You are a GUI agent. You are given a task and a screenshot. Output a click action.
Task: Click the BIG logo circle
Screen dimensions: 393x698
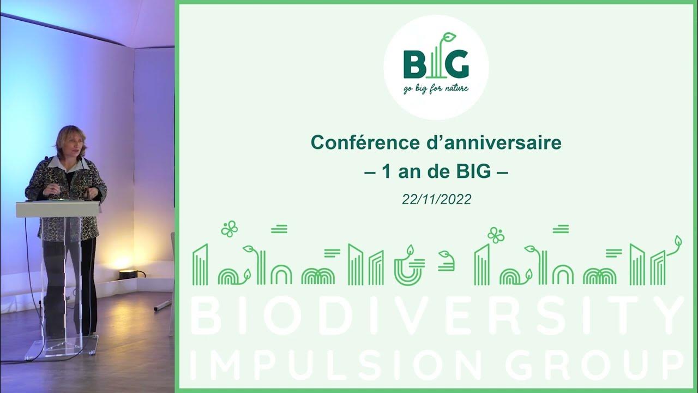click(x=436, y=67)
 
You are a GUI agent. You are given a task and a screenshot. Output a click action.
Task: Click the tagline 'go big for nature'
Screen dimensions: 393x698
click(x=436, y=88)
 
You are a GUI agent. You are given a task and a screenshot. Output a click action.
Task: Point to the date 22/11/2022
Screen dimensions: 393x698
click(x=436, y=200)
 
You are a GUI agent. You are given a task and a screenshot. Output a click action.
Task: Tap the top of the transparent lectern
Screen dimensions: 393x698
click(x=58, y=206)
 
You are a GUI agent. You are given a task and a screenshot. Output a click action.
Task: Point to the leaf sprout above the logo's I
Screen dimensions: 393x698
click(x=449, y=38)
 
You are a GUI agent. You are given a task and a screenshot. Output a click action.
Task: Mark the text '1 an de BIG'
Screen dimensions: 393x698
click(x=436, y=172)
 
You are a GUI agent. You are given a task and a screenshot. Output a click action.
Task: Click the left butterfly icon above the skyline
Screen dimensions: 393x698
click(x=229, y=229)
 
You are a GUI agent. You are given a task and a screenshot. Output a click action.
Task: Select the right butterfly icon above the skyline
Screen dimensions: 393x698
click(x=496, y=235)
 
